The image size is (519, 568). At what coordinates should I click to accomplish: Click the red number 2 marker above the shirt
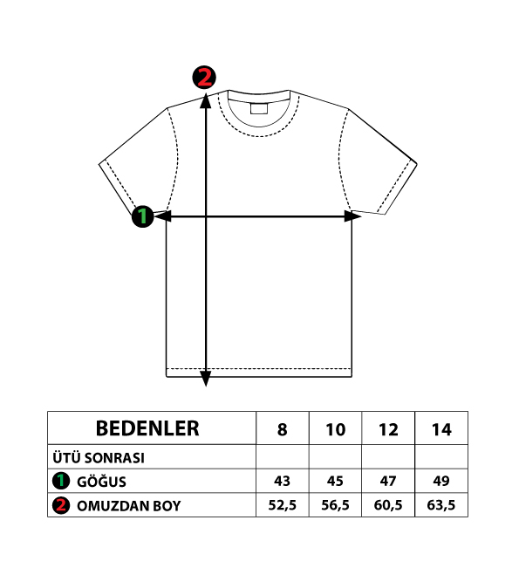[x=204, y=77]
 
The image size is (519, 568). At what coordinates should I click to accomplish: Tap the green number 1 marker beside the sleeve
[x=143, y=216]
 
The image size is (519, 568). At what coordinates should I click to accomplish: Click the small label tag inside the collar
[x=259, y=109]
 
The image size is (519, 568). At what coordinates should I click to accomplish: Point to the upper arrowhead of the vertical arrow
[x=206, y=100]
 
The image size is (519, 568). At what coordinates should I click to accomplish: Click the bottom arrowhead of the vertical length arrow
[x=206, y=379]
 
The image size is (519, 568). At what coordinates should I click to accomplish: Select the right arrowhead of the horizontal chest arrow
[x=352, y=216]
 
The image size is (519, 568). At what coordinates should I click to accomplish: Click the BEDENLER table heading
[x=147, y=428]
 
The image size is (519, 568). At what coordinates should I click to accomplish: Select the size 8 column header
[x=282, y=429]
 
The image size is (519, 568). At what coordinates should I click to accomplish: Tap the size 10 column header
[x=335, y=429]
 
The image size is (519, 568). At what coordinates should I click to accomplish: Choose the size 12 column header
[x=388, y=429]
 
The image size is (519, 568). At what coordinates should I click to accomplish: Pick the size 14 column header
[x=441, y=429]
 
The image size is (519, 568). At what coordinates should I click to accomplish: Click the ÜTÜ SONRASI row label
[x=99, y=458]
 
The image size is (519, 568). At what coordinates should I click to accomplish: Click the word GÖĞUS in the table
[x=101, y=482]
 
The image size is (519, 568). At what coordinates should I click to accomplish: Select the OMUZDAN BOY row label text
[x=128, y=506]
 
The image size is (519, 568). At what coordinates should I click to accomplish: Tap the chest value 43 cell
[x=282, y=481]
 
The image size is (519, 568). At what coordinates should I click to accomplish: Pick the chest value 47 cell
[x=388, y=481]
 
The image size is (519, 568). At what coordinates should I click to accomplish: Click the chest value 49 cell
[x=441, y=481]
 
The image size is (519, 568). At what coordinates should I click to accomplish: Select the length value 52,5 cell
[x=282, y=505]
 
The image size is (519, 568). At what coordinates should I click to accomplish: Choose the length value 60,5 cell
[x=388, y=505]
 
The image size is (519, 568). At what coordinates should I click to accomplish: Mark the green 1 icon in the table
[x=61, y=481]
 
